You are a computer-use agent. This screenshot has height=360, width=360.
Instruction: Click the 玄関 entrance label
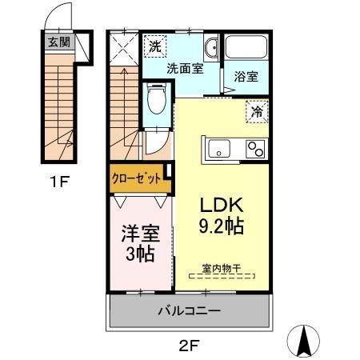point(57,42)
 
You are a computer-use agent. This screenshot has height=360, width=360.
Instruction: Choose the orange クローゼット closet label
point(140,178)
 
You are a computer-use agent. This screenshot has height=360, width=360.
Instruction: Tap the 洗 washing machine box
point(155,47)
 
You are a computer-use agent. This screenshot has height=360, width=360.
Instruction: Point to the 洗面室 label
point(184,69)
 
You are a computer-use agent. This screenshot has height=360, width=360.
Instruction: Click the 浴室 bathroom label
point(245,78)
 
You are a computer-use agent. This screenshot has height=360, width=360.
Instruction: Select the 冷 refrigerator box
point(256,113)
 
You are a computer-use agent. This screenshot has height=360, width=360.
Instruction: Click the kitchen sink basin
point(218,149)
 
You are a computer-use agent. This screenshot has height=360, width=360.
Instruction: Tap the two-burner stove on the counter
point(256,149)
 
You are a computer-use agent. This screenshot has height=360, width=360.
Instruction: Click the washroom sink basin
point(211,49)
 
